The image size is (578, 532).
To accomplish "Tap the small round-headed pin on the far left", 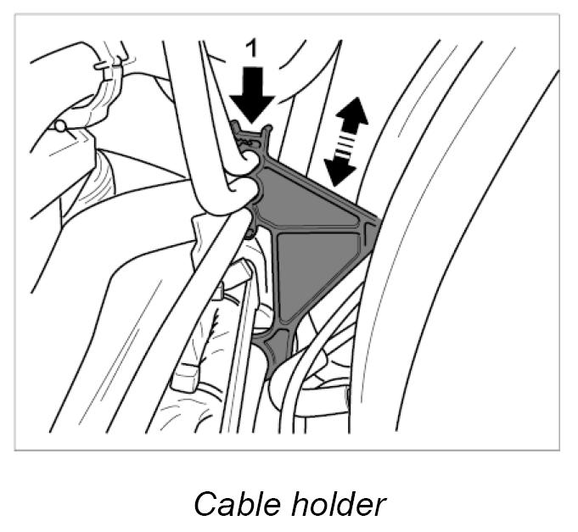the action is click(x=60, y=126).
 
